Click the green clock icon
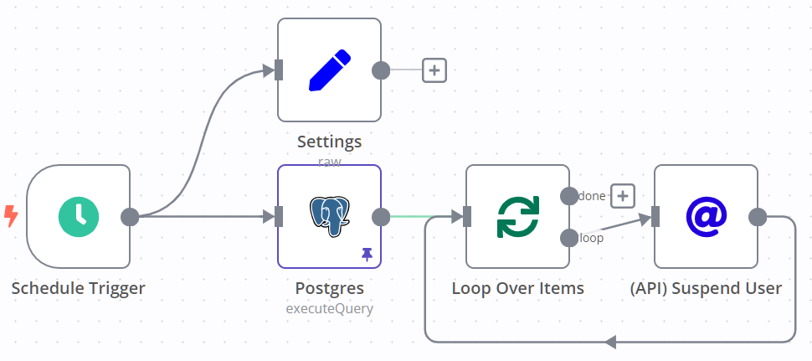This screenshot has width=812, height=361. click(x=79, y=216)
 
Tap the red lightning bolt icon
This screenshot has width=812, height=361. click(x=12, y=216)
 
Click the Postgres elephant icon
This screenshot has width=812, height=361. click(x=329, y=216)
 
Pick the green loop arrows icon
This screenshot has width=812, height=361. click(x=517, y=216)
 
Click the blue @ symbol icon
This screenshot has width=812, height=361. click(x=706, y=216)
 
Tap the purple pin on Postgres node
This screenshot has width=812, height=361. click(x=367, y=253)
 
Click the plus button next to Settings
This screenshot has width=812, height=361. click(x=434, y=70)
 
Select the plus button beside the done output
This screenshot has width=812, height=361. click(x=622, y=196)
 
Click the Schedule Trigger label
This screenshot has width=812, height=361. click(x=79, y=288)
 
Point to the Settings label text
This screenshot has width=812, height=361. click(x=329, y=142)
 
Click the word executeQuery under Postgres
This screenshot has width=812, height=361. click(x=329, y=308)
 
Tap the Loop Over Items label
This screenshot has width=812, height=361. click(x=517, y=288)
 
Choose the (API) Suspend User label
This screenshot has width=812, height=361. click(x=706, y=288)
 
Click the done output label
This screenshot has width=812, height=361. click(x=593, y=196)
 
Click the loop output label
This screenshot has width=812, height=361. click(x=592, y=238)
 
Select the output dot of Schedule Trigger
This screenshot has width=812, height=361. click(x=130, y=217)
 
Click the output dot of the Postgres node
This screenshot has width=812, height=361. click(x=381, y=217)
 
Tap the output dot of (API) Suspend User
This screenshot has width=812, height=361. click(x=758, y=217)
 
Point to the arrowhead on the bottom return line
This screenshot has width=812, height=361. click(x=610, y=342)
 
